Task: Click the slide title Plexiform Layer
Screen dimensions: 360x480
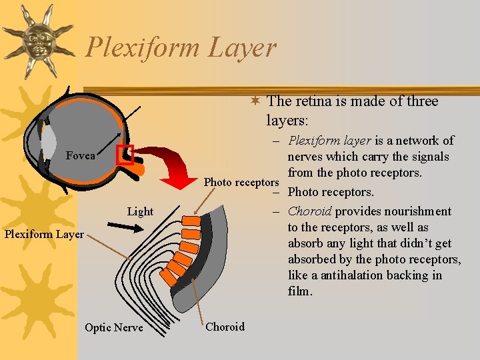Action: (181, 47)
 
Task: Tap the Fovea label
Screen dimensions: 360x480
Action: (81, 156)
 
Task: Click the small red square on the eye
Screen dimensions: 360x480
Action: (125, 155)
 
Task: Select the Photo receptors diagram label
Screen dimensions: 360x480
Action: (241, 182)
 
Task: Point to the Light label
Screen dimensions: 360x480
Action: (140, 211)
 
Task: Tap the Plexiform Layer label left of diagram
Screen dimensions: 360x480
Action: (44, 233)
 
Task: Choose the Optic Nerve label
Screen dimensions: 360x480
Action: (113, 327)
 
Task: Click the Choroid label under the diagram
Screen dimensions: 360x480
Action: (225, 327)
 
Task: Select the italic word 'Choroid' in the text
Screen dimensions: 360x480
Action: (309, 211)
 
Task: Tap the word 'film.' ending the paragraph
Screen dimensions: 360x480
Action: (301, 291)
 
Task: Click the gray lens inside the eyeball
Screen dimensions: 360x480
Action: (49, 142)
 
